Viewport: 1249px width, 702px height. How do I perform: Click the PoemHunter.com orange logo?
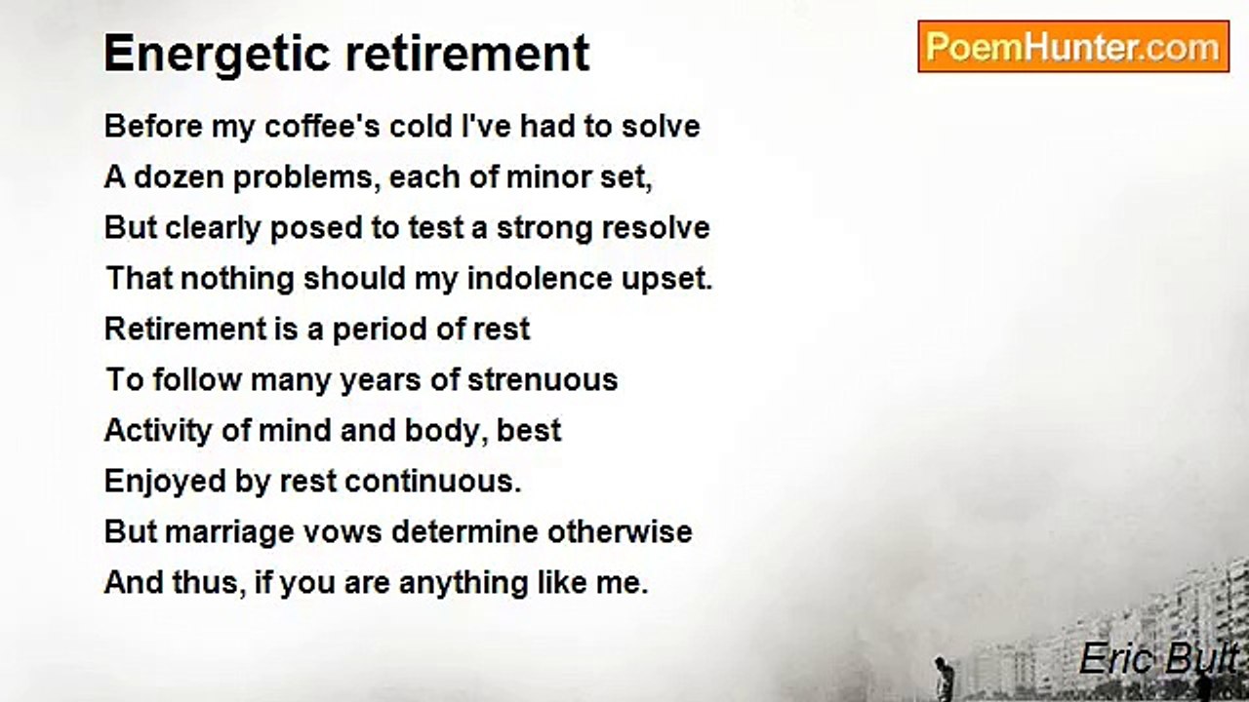1073,47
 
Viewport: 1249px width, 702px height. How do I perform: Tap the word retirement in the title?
467,53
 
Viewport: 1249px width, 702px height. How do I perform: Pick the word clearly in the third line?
213,229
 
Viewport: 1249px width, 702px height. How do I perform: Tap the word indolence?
540,278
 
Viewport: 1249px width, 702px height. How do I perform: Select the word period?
380,330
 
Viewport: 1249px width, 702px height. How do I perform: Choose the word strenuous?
543,380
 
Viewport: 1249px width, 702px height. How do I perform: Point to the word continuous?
433,482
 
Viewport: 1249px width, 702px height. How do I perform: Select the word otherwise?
620,531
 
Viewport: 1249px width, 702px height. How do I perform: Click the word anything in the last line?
463,583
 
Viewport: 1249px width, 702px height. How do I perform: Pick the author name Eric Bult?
1158,658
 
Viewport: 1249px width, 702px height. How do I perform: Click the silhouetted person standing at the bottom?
942,679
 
